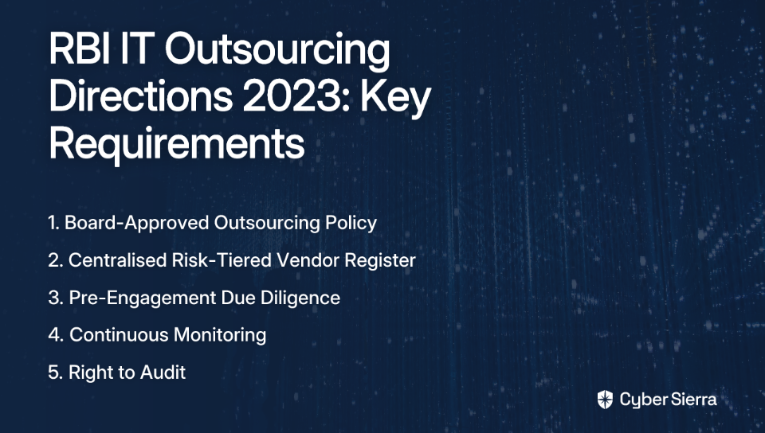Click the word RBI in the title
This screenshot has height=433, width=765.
79,49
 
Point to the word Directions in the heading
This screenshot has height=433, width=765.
141,96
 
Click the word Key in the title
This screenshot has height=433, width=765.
396,99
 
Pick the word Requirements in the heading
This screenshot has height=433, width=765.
177,145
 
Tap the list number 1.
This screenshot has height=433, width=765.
53,223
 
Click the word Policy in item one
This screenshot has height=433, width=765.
351,224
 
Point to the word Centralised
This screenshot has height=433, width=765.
118,260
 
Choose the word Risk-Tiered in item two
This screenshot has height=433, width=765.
222,260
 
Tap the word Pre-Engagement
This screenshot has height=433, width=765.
143,298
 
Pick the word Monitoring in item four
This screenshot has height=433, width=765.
220,336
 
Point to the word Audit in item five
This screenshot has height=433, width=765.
163,373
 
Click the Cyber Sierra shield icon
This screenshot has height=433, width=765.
605,400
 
